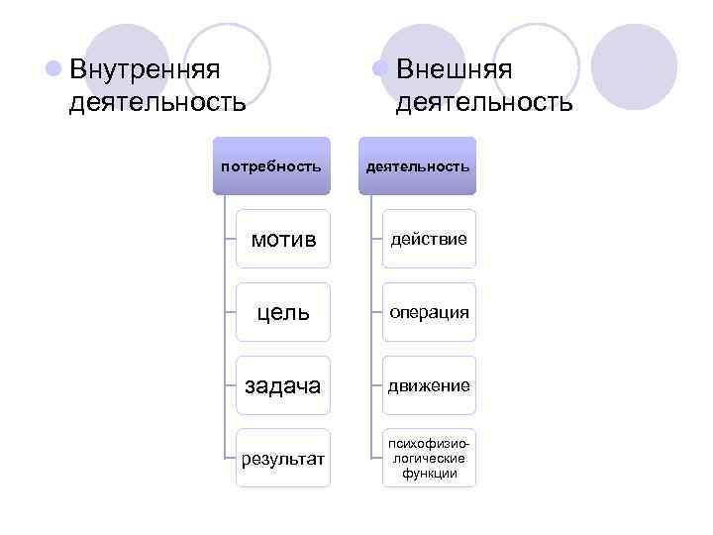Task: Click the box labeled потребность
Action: [270, 165]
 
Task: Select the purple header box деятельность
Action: [417, 165]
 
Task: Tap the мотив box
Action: [283, 239]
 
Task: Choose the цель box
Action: [283, 312]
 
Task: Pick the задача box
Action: [283, 385]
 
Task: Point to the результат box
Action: [283, 458]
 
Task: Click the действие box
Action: [429, 239]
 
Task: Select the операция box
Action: [429, 312]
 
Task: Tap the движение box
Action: [429, 385]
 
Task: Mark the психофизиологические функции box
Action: [429, 458]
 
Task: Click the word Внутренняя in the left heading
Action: [145, 70]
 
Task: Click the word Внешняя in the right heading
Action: [454, 70]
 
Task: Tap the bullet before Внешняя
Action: [378, 70]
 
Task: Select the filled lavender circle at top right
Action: [634, 66]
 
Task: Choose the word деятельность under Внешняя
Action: [483, 102]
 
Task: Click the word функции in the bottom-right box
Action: [429, 474]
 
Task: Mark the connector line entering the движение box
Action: [376, 385]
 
